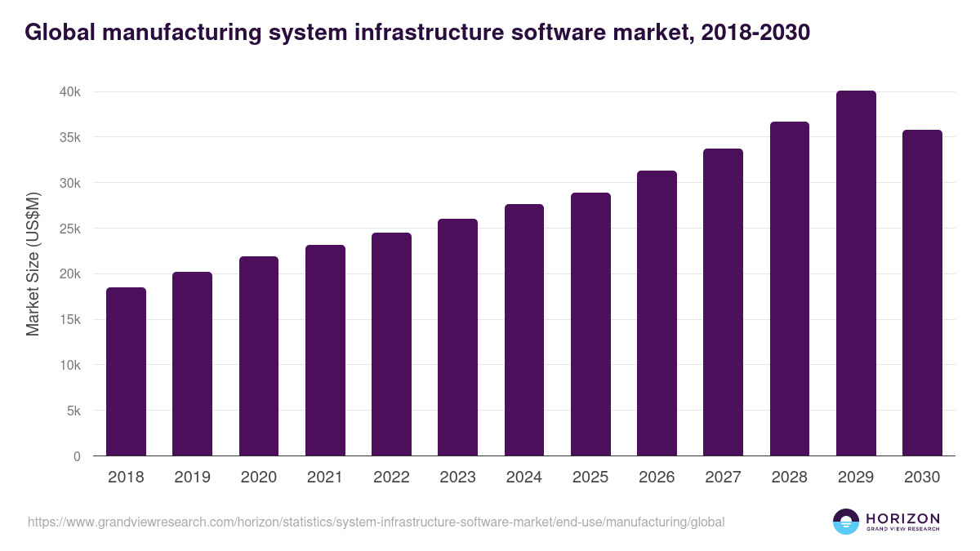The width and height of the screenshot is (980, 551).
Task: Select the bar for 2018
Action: click(x=126, y=371)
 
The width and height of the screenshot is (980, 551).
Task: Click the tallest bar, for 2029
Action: click(x=856, y=273)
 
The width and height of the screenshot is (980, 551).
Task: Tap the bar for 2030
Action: click(x=922, y=293)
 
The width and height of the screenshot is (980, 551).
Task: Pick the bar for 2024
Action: click(x=524, y=330)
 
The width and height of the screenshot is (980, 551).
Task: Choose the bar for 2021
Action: click(x=325, y=350)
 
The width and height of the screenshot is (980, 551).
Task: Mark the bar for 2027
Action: click(x=723, y=302)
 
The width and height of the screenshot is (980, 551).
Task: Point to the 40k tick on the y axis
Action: click(x=70, y=92)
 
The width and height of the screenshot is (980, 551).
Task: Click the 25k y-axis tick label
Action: click(x=70, y=229)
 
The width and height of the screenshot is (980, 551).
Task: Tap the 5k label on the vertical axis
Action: click(x=73, y=411)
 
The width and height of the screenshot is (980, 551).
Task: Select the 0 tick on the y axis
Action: click(x=77, y=456)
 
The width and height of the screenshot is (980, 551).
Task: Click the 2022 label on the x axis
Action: click(x=391, y=478)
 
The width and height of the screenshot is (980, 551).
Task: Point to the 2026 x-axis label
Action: click(x=657, y=478)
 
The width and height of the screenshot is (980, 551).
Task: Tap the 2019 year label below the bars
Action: click(x=192, y=478)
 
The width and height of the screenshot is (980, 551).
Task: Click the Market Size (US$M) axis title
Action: click(x=33, y=264)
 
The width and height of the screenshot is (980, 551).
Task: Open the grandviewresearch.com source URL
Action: click(x=376, y=522)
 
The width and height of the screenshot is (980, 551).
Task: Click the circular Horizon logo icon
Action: click(x=846, y=522)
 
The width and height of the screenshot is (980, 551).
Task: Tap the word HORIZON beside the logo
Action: click(x=902, y=518)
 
